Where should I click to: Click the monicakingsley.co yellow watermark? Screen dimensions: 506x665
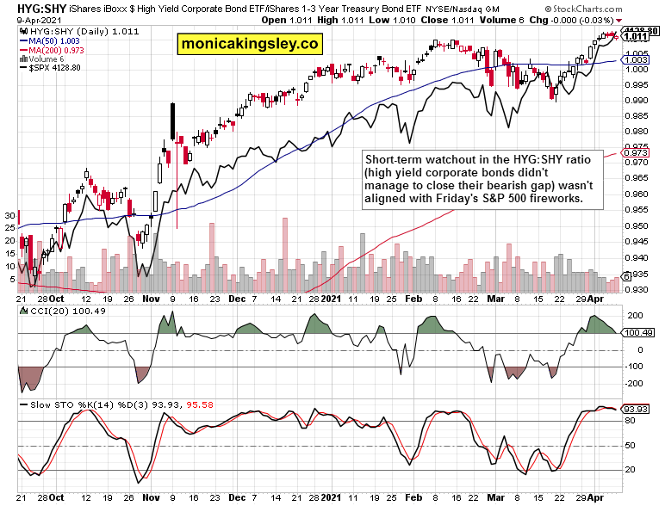(x=248, y=43)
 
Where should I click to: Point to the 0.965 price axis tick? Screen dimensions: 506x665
(x=635, y=178)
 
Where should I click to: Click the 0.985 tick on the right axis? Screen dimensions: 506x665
(x=635, y=115)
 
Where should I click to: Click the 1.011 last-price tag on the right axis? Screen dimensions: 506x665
(x=636, y=36)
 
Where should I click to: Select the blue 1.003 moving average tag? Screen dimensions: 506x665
(x=636, y=59)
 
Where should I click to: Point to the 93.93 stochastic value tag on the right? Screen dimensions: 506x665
(x=637, y=409)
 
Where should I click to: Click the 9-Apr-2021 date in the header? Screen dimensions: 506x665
(x=32, y=20)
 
